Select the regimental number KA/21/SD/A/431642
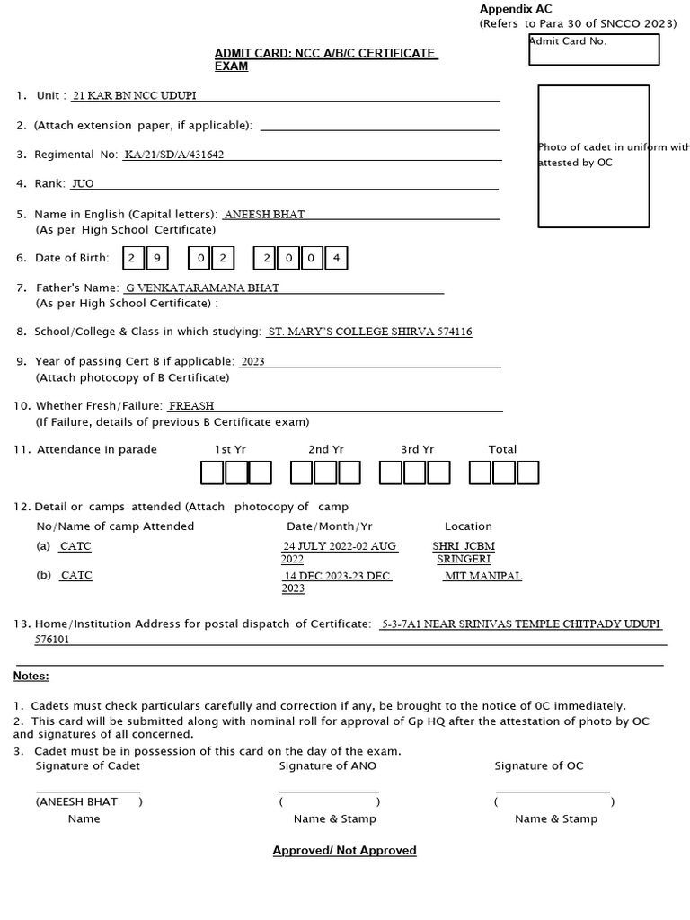[x=174, y=155]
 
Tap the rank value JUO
[x=83, y=184]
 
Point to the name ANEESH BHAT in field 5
[x=264, y=215]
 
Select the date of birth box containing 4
[x=336, y=259]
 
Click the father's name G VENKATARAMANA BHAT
[x=202, y=288]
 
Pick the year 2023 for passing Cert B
[x=252, y=362]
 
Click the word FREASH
[x=191, y=406]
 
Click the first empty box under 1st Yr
[x=212, y=473]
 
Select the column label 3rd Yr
[x=417, y=449]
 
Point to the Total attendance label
[x=502, y=449]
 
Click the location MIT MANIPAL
[x=483, y=576]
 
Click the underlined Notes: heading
[x=31, y=676]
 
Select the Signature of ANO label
[x=328, y=766]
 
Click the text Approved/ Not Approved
[x=344, y=850]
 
